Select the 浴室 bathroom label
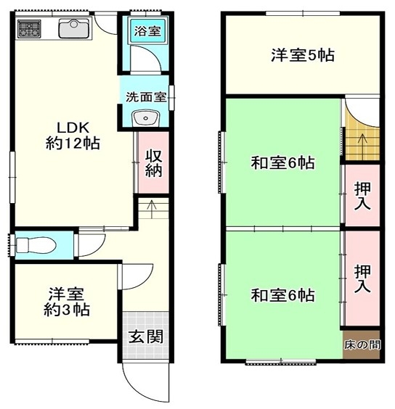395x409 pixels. (147, 31)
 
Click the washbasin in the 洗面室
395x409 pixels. (146, 118)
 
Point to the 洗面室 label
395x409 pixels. (146, 97)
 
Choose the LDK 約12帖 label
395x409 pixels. (73, 136)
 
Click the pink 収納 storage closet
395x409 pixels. (153, 162)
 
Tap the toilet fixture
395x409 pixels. (36, 245)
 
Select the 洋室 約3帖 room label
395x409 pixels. (67, 302)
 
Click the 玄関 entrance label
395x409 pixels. (146, 336)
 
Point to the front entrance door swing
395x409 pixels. (145, 383)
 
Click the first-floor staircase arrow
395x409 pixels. (152, 209)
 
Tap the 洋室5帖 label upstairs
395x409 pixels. (303, 55)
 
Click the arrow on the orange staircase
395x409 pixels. (362, 142)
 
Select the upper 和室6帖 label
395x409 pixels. (283, 162)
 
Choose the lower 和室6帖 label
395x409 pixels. (283, 295)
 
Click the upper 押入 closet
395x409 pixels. (362, 195)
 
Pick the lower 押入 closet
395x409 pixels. (362, 278)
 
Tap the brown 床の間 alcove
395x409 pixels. (362, 345)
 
